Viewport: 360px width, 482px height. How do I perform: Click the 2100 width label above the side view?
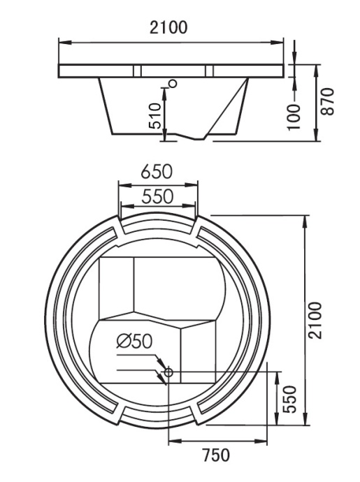pos(168,28)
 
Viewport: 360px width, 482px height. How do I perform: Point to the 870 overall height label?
pos(329,102)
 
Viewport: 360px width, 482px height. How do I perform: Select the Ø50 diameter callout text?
pos(133,342)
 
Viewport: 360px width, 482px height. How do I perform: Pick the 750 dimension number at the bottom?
pos(216,455)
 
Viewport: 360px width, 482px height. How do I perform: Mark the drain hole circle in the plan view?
pos(168,373)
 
